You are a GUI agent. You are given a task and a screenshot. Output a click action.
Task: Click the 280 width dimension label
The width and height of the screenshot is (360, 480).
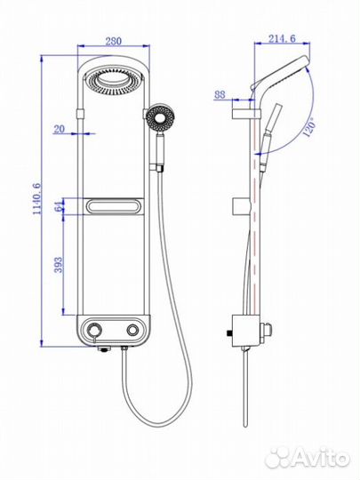[114, 41]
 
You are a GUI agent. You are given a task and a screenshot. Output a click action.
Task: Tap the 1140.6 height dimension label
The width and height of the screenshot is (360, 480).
[37, 199]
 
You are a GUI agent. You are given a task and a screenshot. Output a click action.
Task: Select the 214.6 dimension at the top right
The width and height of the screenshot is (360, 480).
[283, 38]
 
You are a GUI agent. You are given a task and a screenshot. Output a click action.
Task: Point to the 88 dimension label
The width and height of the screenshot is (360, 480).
[220, 94]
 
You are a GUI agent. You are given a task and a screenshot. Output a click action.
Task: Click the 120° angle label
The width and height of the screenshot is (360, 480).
[308, 127]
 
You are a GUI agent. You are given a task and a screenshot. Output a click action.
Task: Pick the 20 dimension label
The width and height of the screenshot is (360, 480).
[59, 129]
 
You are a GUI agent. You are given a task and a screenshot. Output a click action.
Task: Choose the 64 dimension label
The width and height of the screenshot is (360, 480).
[58, 206]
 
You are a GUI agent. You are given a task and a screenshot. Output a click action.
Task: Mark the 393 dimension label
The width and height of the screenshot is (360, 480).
[58, 265]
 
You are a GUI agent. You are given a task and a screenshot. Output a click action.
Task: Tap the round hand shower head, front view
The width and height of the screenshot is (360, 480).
[159, 118]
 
